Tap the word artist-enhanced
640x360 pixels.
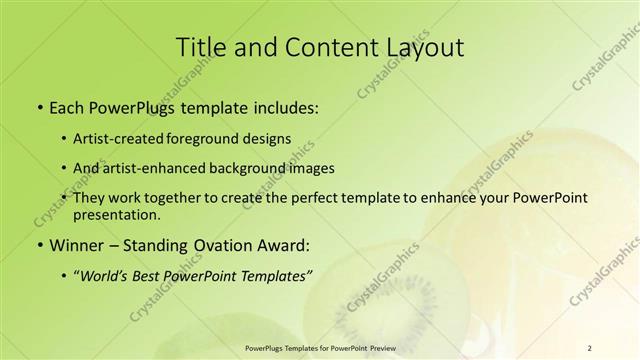click(x=159, y=169)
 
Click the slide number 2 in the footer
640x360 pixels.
click(x=589, y=347)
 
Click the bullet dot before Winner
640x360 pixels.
click(x=39, y=245)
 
